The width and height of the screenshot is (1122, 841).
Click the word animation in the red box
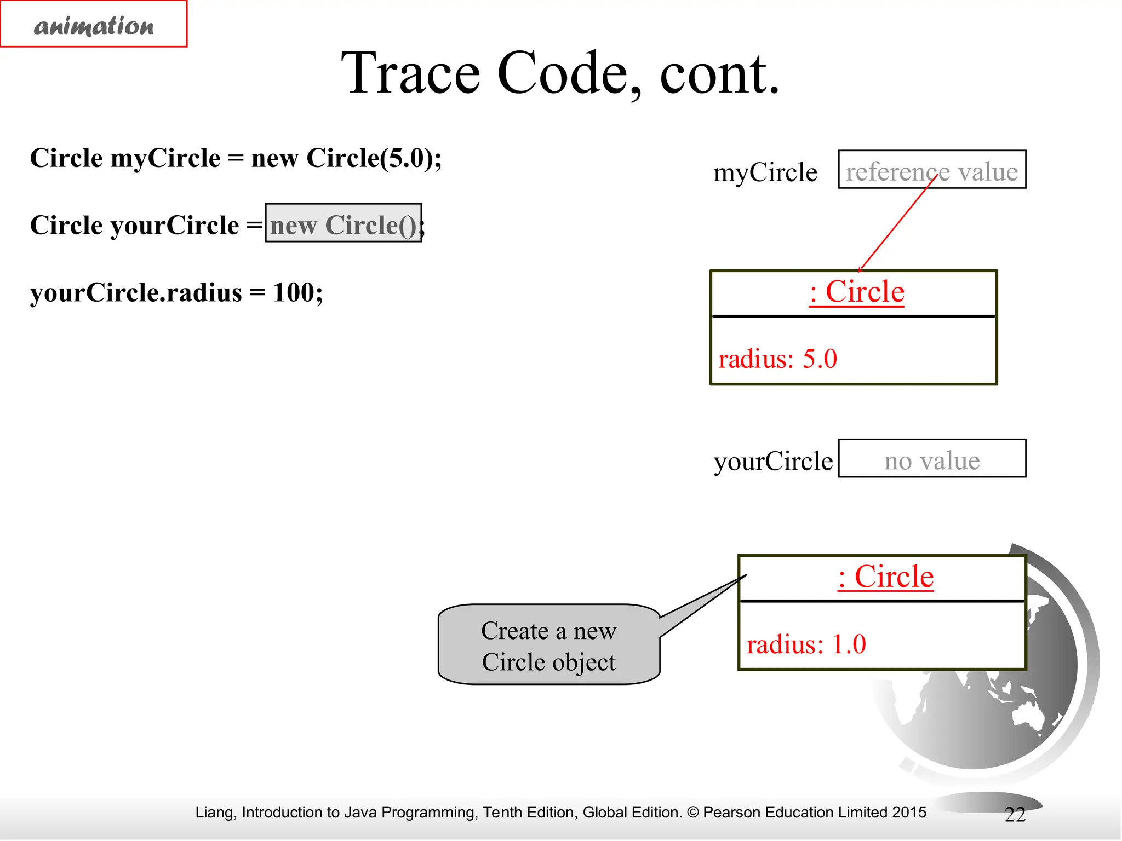click(x=94, y=26)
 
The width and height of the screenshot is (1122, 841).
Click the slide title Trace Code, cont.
click(x=560, y=73)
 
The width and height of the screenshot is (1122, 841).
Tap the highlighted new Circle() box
click(x=344, y=223)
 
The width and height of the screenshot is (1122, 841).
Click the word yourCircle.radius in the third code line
click(x=136, y=292)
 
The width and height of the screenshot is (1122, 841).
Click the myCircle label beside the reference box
click(x=765, y=172)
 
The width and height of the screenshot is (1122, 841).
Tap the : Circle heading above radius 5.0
click(x=856, y=292)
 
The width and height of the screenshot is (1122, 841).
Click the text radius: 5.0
click(x=777, y=359)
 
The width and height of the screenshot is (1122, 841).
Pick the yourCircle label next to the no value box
click(x=772, y=461)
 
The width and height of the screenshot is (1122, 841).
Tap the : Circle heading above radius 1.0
click(x=885, y=577)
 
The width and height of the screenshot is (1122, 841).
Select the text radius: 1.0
click(x=806, y=644)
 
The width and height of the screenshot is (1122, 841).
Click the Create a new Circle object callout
click(x=549, y=646)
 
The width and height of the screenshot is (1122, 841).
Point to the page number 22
click(x=1015, y=815)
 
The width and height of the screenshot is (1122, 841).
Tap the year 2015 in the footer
click(x=909, y=813)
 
